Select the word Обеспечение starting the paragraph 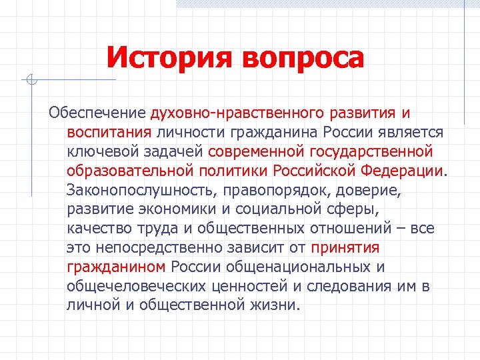(99, 113)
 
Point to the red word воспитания (110, 132)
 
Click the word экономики (182, 209)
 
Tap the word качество (98, 229)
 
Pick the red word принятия (345, 248)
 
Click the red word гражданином (115, 267)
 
